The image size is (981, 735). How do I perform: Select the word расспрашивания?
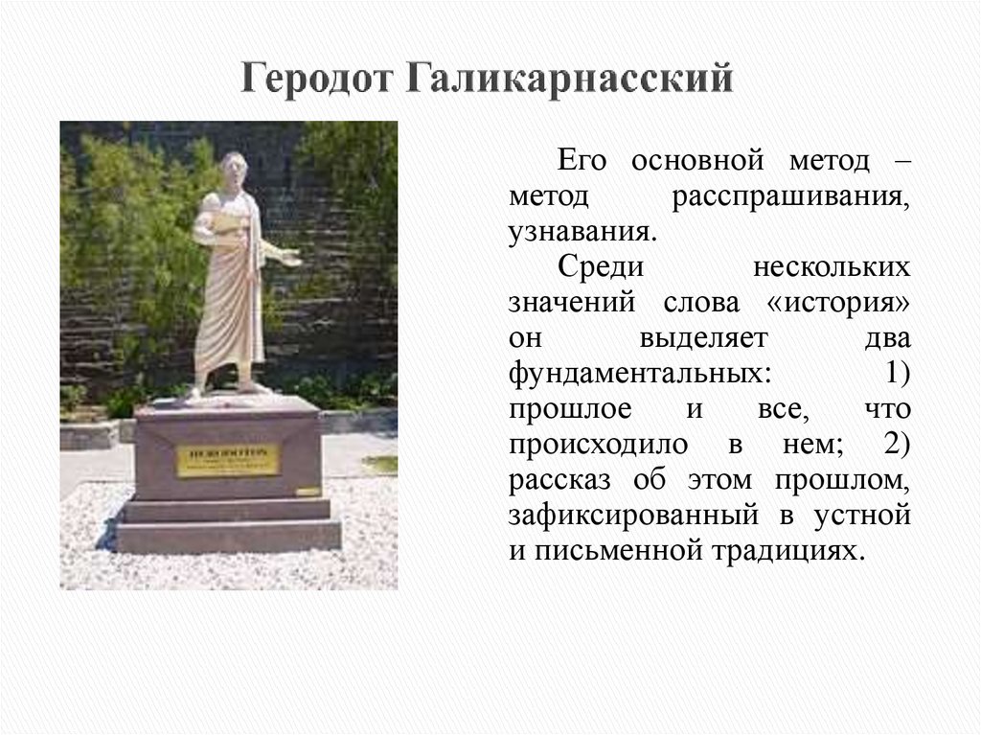tap(789, 197)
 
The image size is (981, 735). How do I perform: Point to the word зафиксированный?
tap(630, 515)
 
